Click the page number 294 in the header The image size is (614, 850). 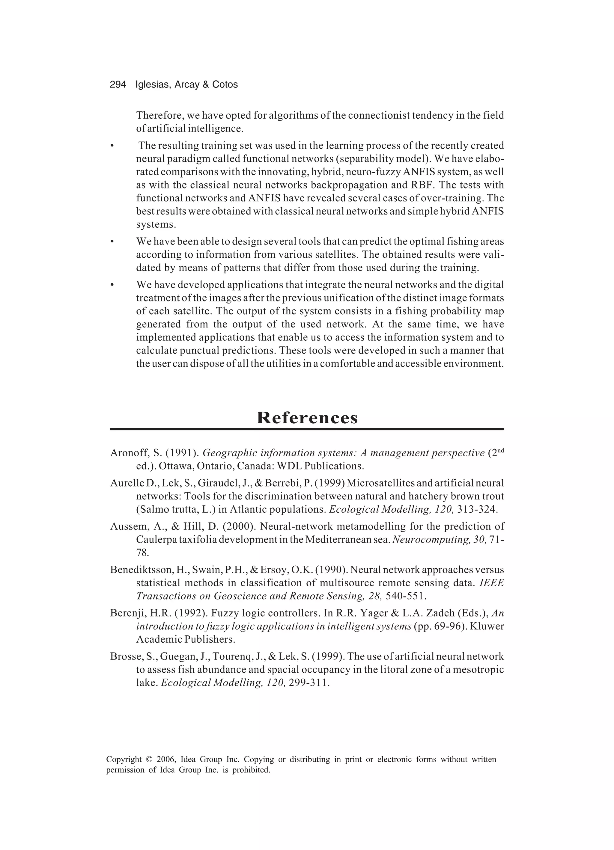pyautogui.click(x=118, y=85)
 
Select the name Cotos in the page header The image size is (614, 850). pyautogui.click(x=225, y=85)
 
